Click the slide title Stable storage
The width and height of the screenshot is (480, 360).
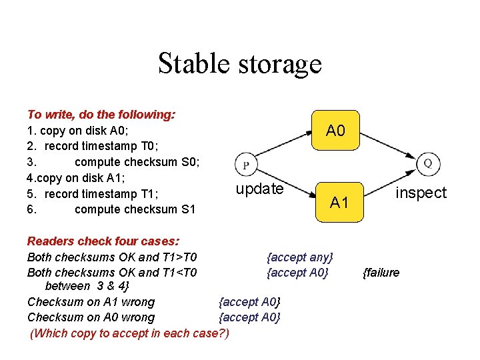pyautogui.click(x=239, y=64)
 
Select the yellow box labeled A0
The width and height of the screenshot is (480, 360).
pyautogui.click(x=335, y=130)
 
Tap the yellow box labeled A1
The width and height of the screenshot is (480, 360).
pyautogui.click(x=339, y=201)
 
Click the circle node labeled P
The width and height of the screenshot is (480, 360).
pyautogui.click(x=246, y=165)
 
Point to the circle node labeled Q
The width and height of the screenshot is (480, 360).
pyautogui.click(x=427, y=163)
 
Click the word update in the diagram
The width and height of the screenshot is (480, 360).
pyautogui.click(x=259, y=189)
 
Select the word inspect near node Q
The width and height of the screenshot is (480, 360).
pyautogui.click(x=421, y=193)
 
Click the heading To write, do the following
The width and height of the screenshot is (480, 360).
pyautogui.click(x=101, y=115)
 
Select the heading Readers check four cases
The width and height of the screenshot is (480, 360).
pyautogui.click(x=103, y=241)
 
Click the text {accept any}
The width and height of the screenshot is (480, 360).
pyautogui.click(x=299, y=257)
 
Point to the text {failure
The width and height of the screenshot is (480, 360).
pyautogui.click(x=381, y=272)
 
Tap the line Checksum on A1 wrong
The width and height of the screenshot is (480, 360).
pyautogui.click(x=91, y=302)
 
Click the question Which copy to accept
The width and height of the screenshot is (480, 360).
pyautogui.click(x=129, y=333)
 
